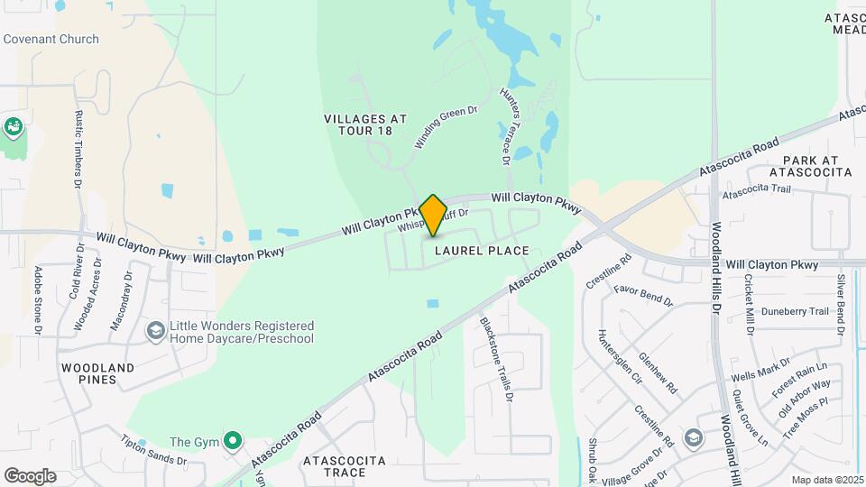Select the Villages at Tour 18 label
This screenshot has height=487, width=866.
point(365,124)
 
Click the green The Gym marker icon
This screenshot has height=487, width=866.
point(234,441)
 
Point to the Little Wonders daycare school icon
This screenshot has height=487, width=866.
point(155,332)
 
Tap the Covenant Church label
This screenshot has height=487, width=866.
point(51,39)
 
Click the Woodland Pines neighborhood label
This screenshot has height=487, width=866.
point(97,373)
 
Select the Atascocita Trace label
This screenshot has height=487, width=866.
point(345,466)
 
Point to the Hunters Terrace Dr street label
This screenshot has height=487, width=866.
point(504,127)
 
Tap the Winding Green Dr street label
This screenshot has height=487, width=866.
point(445,127)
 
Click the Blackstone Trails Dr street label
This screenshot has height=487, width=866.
point(497,358)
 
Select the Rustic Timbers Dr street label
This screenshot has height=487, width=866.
point(78,148)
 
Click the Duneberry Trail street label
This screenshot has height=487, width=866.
point(794,311)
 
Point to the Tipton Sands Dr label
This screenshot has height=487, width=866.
point(153,450)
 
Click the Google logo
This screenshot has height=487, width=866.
point(30,476)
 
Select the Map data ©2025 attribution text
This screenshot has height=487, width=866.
point(826,480)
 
